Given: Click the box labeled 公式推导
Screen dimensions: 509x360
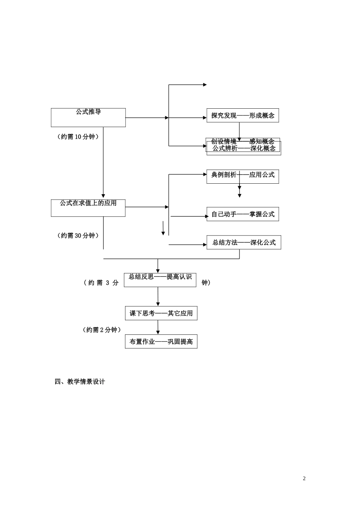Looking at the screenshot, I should [x=88, y=117].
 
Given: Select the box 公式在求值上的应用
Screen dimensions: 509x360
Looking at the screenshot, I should [x=88, y=208].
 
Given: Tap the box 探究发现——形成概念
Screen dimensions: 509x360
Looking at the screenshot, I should [x=243, y=116].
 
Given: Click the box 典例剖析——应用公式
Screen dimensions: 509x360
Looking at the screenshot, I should [x=243, y=176].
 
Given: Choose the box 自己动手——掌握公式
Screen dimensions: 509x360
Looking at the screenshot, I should [x=243, y=214].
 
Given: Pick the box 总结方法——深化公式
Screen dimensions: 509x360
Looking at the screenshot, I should [x=244, y=242].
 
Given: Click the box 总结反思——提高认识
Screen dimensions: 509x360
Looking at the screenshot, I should [x=160, y=279].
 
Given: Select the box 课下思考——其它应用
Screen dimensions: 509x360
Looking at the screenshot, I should [x=161, y=313].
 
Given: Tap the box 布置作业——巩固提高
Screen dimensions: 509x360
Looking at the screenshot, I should [x=161, y=342].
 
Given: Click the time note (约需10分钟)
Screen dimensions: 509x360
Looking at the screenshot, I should [x=78, y=137].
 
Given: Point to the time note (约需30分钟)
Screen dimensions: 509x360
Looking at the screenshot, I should [x=78, y=236].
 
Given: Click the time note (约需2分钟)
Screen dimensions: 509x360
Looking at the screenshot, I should [x=102, y=330].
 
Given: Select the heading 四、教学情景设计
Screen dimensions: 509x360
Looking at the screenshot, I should [x=80, y=382].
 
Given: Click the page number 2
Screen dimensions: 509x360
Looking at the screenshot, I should [x=304, y=478].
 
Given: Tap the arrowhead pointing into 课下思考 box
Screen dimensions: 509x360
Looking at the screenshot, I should [x=158, y=304].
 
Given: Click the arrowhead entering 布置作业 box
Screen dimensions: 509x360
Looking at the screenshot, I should [x=158, y=332].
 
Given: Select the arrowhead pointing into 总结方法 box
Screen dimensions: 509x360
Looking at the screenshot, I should [x=205, y=245].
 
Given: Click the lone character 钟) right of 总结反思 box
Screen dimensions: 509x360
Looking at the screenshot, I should [x=206, y=283].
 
